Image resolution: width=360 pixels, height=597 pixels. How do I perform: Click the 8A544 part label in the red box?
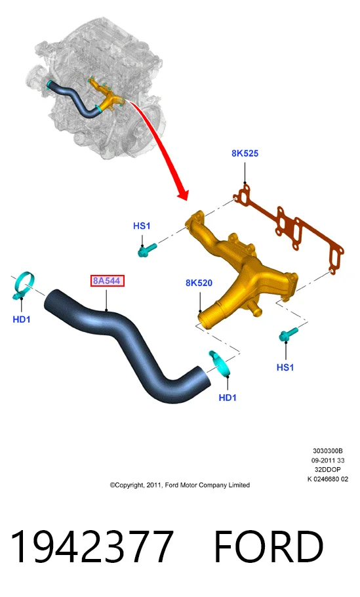pyautogui.click(x=107, y=281)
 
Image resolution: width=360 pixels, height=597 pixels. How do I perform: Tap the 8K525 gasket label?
pyautogui.click(x=245, y=154)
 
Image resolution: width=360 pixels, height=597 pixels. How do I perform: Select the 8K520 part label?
pyautogui.click(x=199, y=283)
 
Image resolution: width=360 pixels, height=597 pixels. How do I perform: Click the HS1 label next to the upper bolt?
pyautogui.click(x=142, y=226)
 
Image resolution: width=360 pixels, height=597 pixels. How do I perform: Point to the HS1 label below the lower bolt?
pyautogui.click(x=285, y=367)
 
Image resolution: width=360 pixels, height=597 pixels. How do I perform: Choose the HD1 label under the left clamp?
pyautogui.click(x=22, y=319)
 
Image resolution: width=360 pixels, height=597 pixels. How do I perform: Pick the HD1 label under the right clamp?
pyautogui.click(x=228, y=398)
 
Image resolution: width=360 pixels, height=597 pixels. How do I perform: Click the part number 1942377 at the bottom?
pyautogui.click(x=92, y=546)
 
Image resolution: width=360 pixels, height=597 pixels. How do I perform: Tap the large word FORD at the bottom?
pyautogui.click(x=269, y=546)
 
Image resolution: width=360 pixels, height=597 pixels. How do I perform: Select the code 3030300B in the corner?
pyautogui.click(x=328, y=451)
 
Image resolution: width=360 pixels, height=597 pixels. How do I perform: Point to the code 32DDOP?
pyautogui.click(x=328, y=470)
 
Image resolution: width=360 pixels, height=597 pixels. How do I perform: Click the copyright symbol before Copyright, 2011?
pyautogui.click(x=112, y=485)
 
